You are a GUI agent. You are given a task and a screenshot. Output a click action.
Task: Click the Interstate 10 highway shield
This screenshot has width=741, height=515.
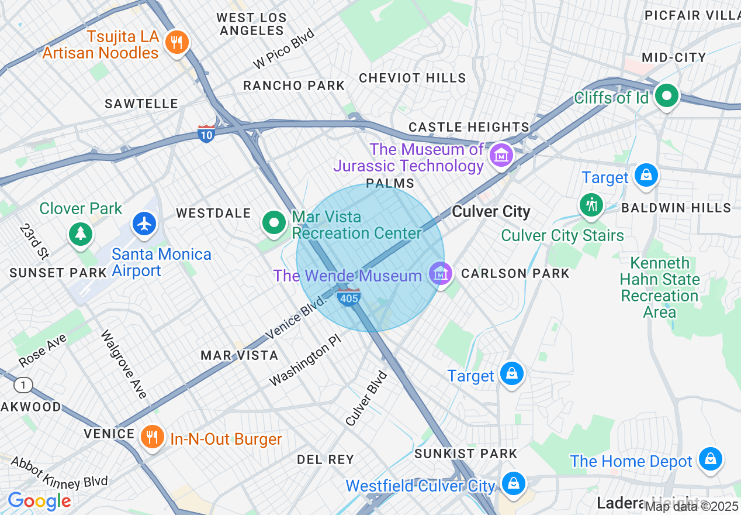coord(206,133)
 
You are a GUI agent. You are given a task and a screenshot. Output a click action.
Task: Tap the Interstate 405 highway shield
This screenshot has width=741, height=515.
coord(349,297)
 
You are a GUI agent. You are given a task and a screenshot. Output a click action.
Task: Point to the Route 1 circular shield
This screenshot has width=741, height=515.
coord(23,385)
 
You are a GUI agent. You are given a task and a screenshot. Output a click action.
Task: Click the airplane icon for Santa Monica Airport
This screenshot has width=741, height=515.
coord(144,224)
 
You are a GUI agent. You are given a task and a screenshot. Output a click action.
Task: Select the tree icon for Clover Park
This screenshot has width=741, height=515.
coord(81,234)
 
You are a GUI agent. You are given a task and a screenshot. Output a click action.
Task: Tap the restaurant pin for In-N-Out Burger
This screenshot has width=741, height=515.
coord(152,437)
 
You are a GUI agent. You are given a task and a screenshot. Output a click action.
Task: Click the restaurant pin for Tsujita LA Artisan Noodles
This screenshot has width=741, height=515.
coord(175,43)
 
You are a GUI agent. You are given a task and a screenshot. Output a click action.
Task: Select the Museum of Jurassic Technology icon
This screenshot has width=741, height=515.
coord(501,155)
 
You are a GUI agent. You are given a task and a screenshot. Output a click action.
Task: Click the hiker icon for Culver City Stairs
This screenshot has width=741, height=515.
coord(591,205)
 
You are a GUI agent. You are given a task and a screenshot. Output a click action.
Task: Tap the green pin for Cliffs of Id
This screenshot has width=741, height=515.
coord(666,95)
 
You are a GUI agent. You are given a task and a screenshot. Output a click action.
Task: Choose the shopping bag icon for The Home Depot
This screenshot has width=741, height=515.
coord(710,459)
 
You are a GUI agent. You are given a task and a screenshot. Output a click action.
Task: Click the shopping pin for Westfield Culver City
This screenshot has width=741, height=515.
coord(513,483)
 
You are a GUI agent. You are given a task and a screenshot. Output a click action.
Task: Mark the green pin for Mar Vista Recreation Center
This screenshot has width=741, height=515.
coord(273,222)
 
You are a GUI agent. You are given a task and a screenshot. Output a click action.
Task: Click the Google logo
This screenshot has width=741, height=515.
coord(39,501)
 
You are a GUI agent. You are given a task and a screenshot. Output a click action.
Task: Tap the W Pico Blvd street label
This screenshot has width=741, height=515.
coord(284,49)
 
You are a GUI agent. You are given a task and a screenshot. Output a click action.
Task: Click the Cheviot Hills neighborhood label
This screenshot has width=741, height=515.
coord(412,78)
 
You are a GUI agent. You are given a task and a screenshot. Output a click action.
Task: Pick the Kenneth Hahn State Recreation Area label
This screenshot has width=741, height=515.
coord(659,287)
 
